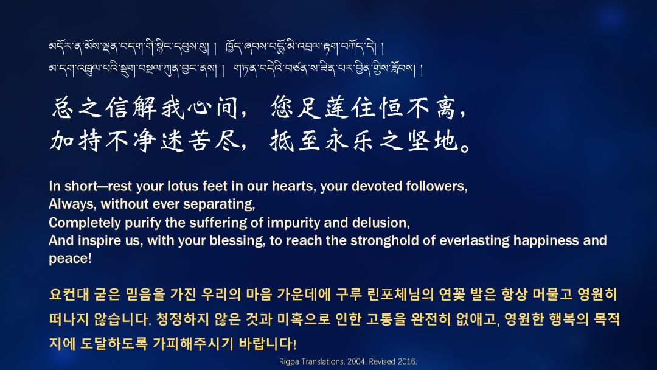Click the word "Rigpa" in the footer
coord(288,361)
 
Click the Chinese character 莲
coord(337,107)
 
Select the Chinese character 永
coord(337,140)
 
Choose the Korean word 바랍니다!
coord(267,344)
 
